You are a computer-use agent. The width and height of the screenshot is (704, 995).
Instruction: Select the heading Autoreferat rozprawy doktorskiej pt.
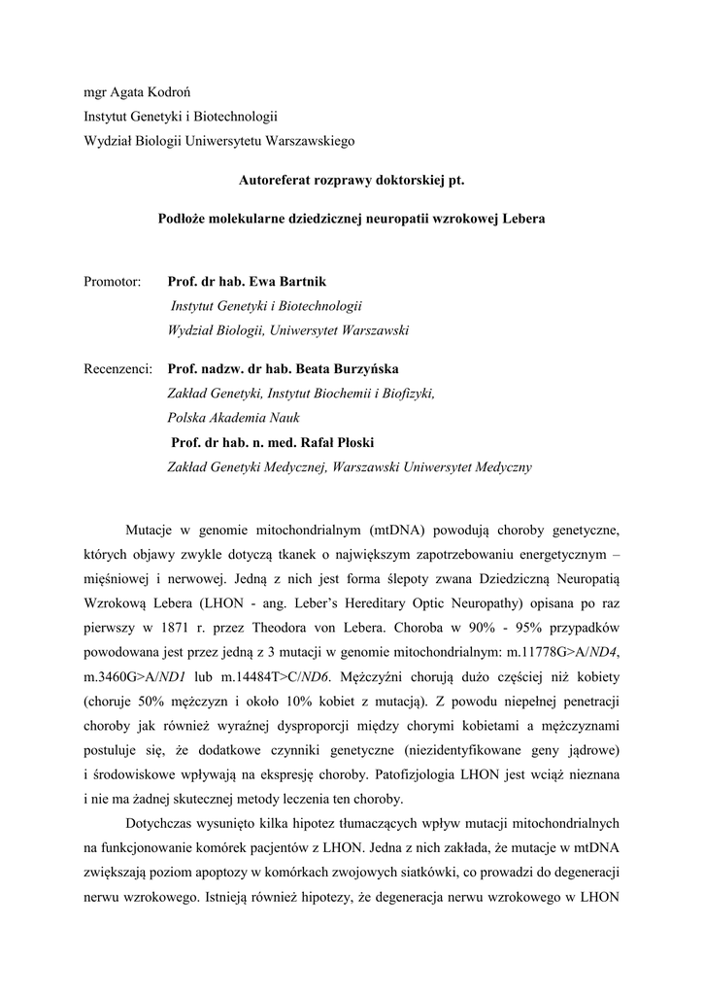pos(352,180)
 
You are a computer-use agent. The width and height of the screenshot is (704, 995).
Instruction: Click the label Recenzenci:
pos(118,369)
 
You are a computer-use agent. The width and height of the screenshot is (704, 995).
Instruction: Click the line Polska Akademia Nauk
pos(234,418)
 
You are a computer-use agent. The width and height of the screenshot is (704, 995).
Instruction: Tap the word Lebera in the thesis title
pos(524,219)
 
